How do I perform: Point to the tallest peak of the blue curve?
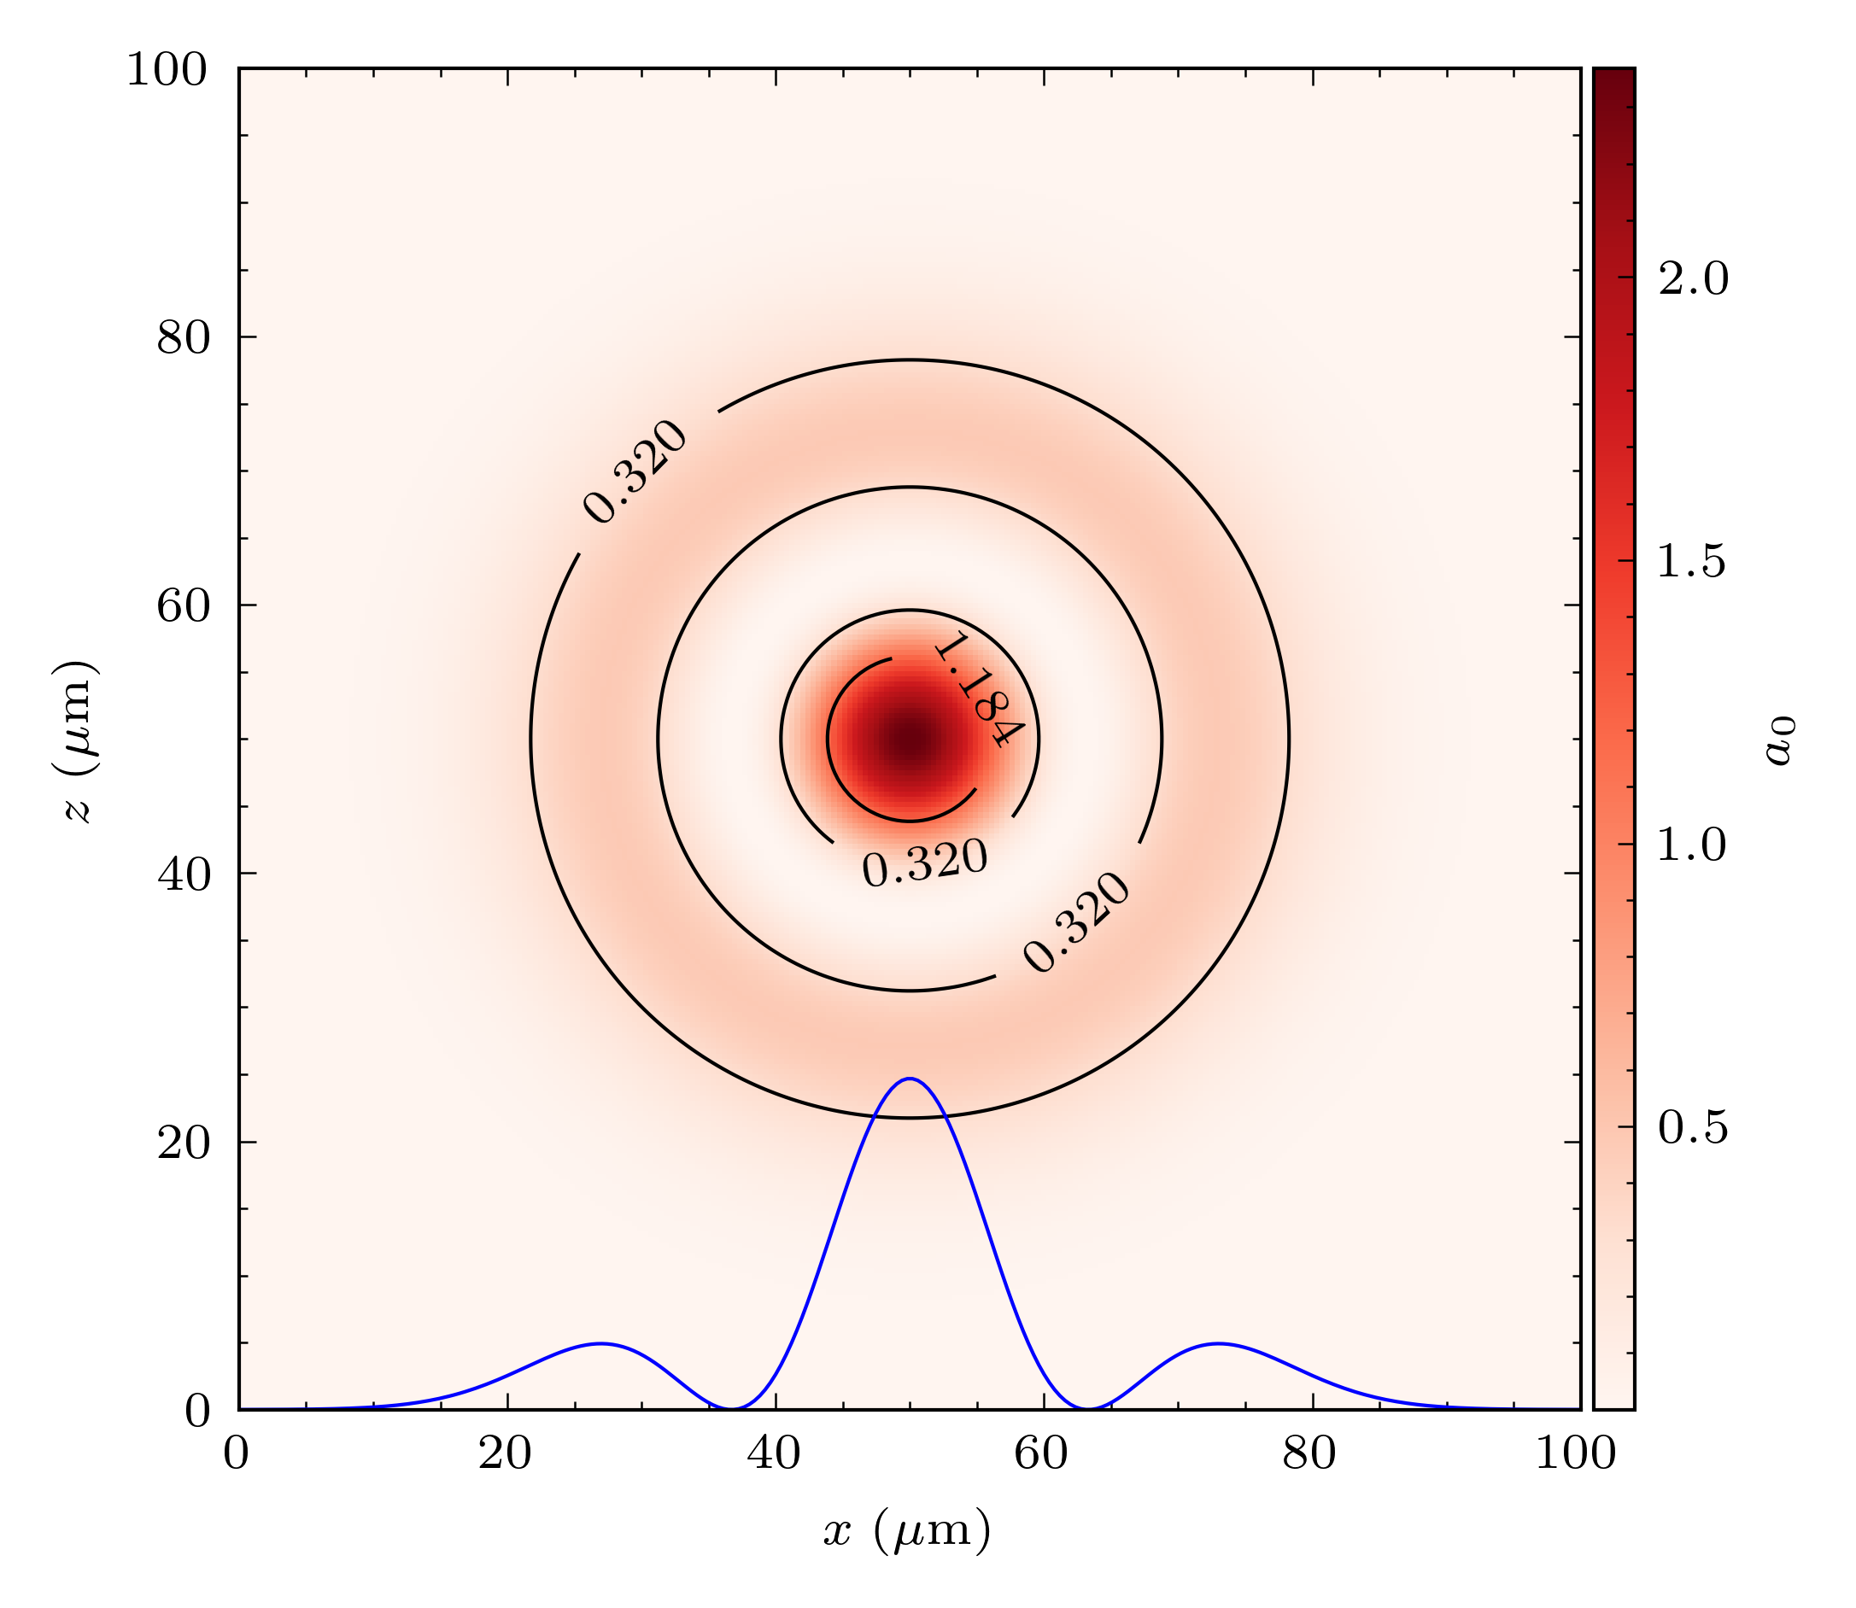(910, 1079)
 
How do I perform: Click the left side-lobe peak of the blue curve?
(601, 1343)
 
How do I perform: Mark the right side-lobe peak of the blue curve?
(1218, 1343)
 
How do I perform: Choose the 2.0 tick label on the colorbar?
(1693, 279)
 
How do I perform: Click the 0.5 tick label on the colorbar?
(1693, 1128)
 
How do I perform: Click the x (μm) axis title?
(907, 1530)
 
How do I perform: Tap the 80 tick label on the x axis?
(1310, 1453)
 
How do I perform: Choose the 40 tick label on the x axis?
(775, 1453)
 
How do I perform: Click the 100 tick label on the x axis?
(1576, 1453)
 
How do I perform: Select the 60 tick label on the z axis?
(184, 606)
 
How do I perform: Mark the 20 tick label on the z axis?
(184, 1143)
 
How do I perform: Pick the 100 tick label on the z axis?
(167, 70)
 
